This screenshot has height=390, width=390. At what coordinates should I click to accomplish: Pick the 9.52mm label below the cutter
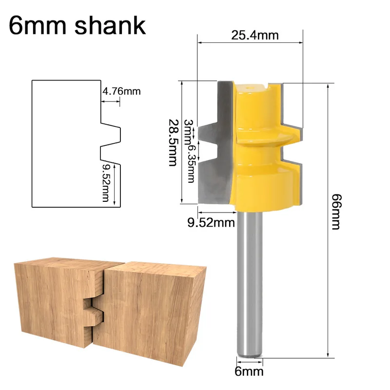[211, 223]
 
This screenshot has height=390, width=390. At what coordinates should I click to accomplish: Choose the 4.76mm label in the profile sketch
[121, 91]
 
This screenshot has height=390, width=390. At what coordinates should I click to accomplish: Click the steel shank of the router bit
[249, 283]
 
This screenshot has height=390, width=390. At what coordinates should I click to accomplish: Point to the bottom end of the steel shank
[249, 354]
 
